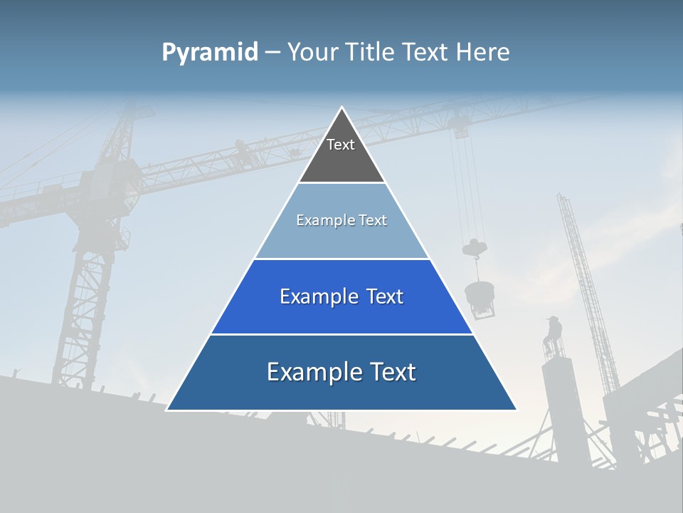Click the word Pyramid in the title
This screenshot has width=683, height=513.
[x=210, y=53]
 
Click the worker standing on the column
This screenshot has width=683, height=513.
[x=553, y=335]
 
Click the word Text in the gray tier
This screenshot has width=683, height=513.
[x=341, y=145]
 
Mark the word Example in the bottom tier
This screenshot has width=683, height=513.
[x=309, y=372]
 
